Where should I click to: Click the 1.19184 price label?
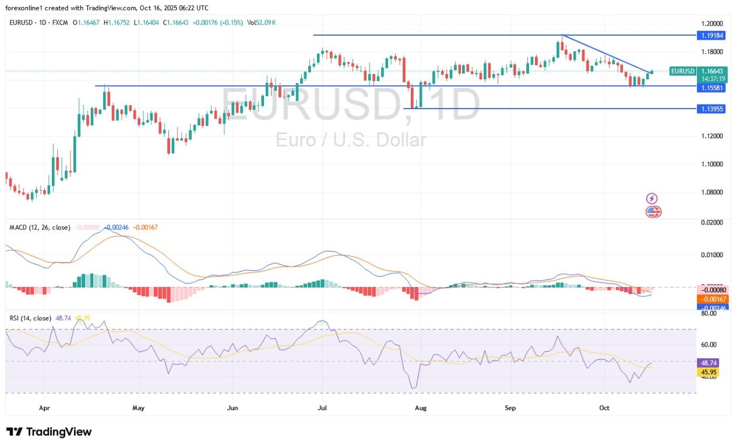tap(711, 35)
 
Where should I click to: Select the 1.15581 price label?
tap(711, 86)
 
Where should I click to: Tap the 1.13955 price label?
tap(711, 108)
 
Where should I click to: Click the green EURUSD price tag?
tap(683, 71)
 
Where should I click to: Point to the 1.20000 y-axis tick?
tap(711, 23)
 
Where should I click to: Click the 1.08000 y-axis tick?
tap(711, 192)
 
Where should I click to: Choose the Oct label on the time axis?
tap(604, 408)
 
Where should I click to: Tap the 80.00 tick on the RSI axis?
tap(708, 313)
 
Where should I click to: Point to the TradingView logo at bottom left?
tap(49, 432)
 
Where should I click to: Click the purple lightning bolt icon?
tap(652, 199)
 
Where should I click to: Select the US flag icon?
tap(653, 212)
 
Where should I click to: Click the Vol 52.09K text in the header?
tap(262, 22)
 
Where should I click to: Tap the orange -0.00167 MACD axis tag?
tap(711, 299)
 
